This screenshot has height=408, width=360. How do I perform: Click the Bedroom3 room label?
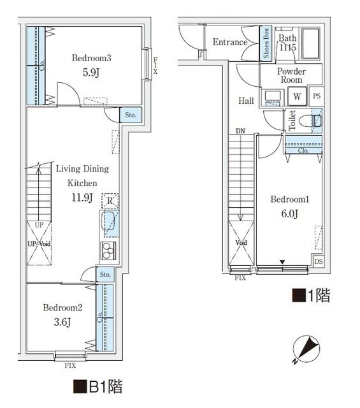point(91,59)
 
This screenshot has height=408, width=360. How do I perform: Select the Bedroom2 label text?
point(62,307)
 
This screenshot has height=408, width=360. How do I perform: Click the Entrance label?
point(229,43)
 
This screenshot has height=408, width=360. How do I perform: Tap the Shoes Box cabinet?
point(266,43)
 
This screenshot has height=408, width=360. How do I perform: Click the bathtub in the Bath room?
point(312,43)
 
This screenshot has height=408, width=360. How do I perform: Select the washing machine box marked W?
point(297,97)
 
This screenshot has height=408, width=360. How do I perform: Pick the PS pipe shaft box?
point(317,97)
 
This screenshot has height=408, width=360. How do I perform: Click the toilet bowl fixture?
point(314,120)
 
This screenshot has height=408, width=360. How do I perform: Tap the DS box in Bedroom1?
point(318,262)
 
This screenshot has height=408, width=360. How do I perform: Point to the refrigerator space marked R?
point(110,201)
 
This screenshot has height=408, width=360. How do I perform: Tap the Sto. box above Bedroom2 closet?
point(105,275)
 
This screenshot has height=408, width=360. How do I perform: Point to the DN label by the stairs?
point(240,131)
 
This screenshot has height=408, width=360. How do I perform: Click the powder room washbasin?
point(273,97)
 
